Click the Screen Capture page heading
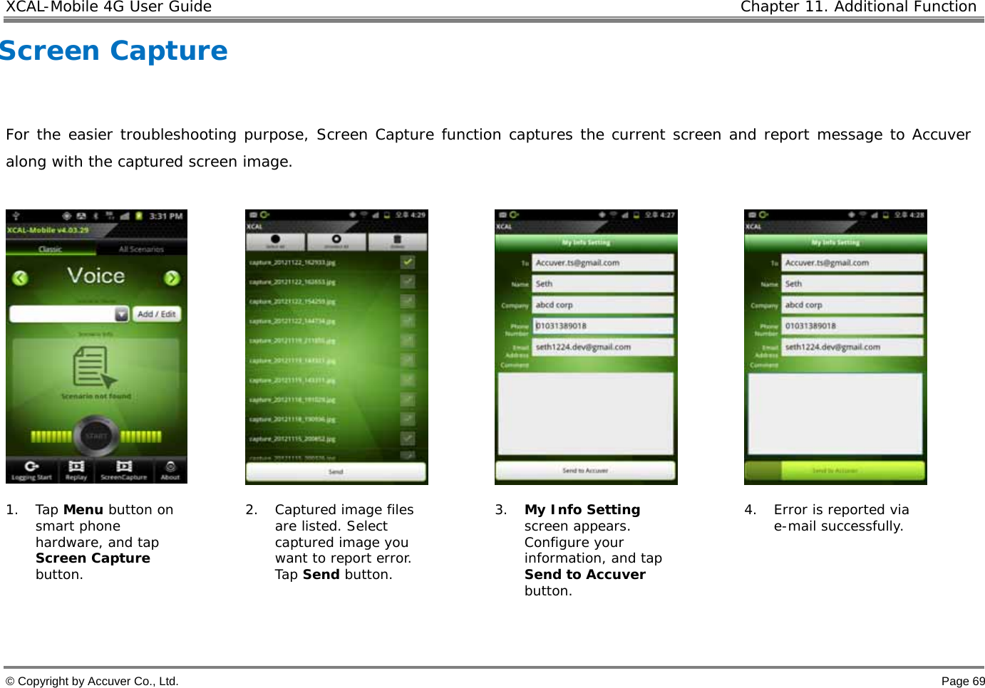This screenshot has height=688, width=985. click(x=114, y=51)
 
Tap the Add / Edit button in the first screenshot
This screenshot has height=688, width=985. click(x=157, y=314)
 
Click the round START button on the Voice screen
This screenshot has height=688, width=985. click(x=96, y=435)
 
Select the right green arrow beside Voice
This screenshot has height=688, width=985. click(x=172, y=278)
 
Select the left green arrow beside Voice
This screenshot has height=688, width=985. click(x=20, y=278)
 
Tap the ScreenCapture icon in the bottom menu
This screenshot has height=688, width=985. click(x=123, y=469)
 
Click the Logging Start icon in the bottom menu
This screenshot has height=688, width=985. click(x=31, y=469)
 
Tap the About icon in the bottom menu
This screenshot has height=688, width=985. click(x=170, y=469)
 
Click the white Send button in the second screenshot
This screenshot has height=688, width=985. click(x=336, y=471)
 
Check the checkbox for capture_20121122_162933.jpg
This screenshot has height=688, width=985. click(x=407, y=262)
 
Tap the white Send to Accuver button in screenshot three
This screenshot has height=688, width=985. click(x=584, y=470)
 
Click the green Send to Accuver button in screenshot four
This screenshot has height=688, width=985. click(x=835, y=471)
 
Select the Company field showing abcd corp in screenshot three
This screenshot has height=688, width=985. click(x=602, y=305)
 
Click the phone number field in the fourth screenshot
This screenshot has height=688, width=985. click(x=852, y=326)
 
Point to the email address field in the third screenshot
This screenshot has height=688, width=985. click(x=602, y=347)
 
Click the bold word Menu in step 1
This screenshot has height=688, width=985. click(x=83, y=510)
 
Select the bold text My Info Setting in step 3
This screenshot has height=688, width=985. click(x=582, y=510)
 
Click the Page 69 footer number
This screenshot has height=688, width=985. click(x=963, y=682)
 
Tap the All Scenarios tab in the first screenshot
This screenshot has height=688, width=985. click(x=141, y=249)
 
